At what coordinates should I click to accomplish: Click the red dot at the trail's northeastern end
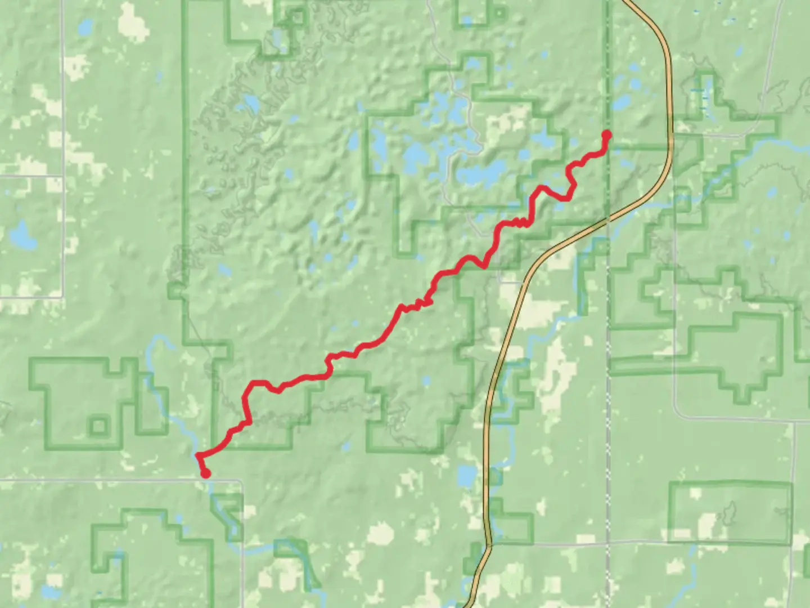coord(607,134)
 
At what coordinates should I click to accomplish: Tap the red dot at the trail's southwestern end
coord(206,473)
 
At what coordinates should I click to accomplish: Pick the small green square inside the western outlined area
coord(98,426)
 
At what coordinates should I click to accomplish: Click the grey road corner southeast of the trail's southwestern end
coord(240,482)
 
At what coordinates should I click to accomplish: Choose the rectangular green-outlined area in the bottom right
coord(730,512)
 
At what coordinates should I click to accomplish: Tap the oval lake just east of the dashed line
coord(622,103)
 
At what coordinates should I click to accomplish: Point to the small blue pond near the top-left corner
coord(85,26)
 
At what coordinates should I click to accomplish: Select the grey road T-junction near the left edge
coord(62,176)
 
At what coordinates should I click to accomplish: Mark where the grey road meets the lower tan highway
coord(488,544)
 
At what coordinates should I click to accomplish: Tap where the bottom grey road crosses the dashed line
coord(608,544)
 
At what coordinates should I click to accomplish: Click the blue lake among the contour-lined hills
coord(250,104)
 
